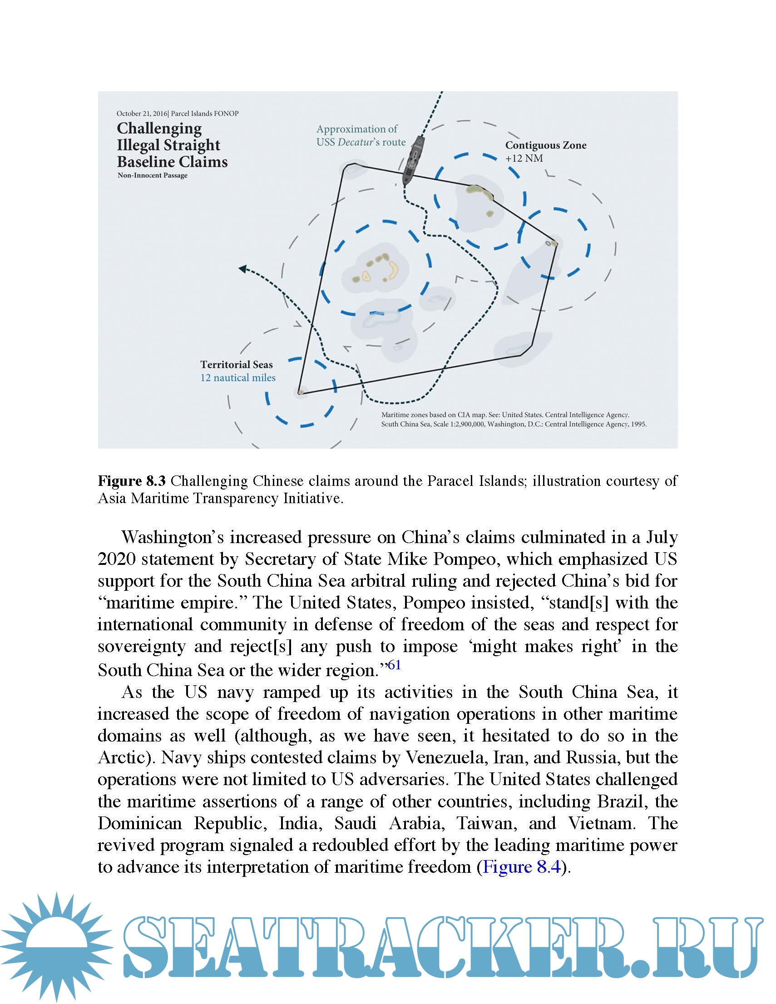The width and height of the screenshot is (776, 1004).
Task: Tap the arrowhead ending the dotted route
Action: click(242, 269)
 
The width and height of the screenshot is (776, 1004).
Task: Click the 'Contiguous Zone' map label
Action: click(546, 145)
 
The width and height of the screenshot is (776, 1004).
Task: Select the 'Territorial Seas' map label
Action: click(236, 365)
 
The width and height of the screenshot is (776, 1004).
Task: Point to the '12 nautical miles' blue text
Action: click(237, 378)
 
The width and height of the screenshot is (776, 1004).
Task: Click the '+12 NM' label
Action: click(524, 158)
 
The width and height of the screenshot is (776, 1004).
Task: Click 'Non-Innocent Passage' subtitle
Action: click(152, 175)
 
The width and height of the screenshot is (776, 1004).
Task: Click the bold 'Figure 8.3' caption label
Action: click(132, 481)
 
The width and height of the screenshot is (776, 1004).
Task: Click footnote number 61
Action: click(395, 665)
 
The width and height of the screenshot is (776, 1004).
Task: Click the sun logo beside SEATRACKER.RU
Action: click(56, 946)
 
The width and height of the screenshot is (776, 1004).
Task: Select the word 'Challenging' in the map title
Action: click(159, 128)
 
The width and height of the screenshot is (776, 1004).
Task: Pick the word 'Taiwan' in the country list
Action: click(486, 823)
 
